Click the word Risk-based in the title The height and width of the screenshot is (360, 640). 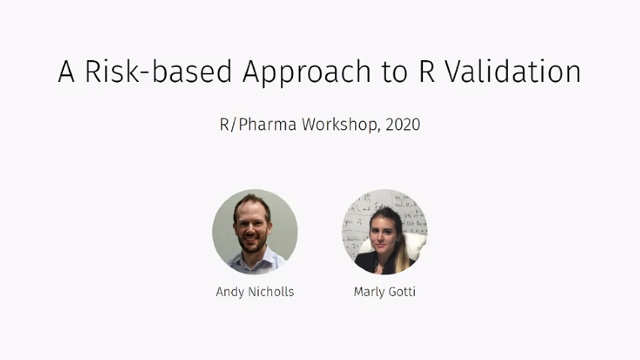(158, 72)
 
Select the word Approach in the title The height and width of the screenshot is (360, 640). (306, 72)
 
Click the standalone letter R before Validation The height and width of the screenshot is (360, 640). (423, 72)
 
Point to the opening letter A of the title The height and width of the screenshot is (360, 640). (67, 72)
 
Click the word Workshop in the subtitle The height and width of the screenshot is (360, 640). (340, 125)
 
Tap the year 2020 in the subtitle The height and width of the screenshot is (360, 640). (403, 125)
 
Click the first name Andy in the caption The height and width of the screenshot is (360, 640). (230, 292)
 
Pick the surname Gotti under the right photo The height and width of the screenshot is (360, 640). (402, 292)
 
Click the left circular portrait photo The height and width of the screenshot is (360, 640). (255, 231)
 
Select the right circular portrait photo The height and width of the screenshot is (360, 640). (385, 231)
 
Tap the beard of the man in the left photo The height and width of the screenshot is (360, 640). (251, 245)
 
